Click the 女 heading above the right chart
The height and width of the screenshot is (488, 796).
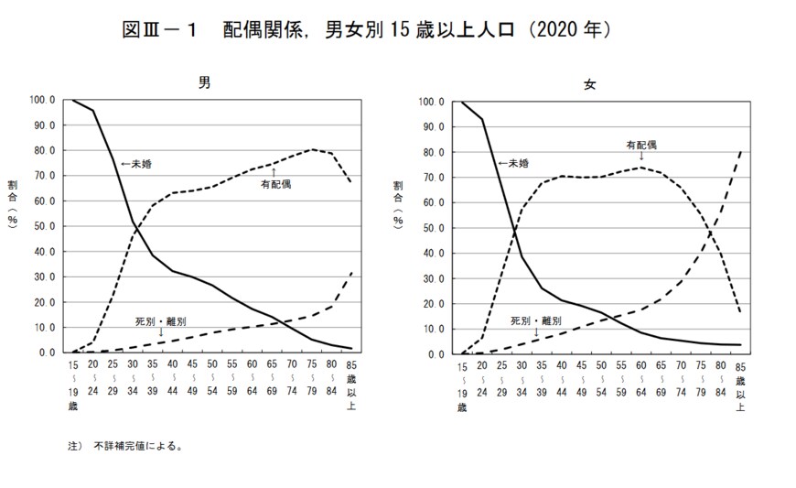(x=590, y=83)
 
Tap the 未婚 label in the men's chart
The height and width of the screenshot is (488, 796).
(x=136, y=164)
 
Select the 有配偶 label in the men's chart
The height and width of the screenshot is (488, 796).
(x=274, y=184)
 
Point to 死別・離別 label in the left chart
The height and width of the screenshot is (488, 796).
(x=160, y=321)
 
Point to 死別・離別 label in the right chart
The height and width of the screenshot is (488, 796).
(x=538, y=320)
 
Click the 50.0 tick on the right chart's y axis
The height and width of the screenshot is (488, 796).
(x=432, y=227)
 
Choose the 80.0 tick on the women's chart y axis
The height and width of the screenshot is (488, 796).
(x=432, y=151)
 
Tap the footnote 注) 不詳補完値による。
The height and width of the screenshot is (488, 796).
(x=125, y=448)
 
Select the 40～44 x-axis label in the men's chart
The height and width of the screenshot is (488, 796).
(x=171, y=378)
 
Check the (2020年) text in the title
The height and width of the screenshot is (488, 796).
(x=565, y=30)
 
